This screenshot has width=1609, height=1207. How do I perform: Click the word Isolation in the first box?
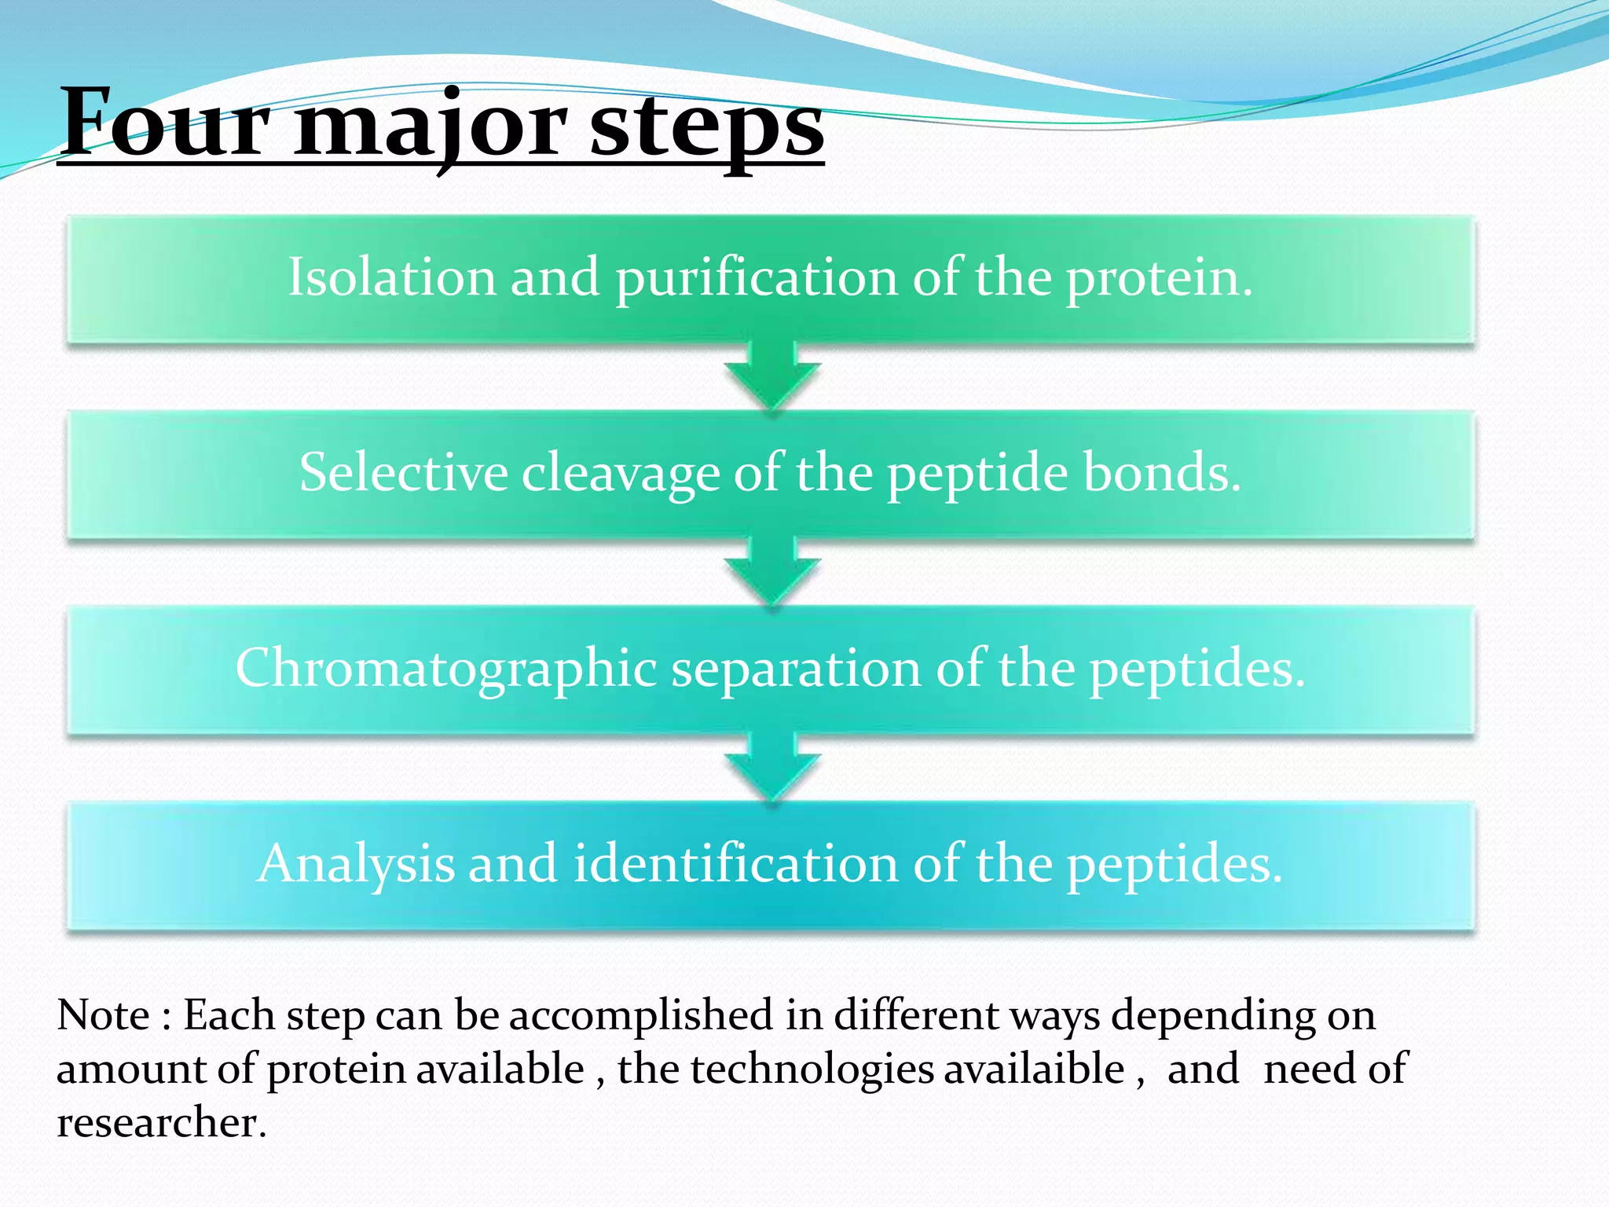(391, 277)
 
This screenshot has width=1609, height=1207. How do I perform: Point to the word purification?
(756, 278)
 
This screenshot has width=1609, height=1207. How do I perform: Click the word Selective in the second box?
(403, 472)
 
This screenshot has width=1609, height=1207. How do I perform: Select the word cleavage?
(620, 474)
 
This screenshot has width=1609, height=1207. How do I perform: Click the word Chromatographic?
(445, 669)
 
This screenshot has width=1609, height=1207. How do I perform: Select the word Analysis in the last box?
(355, 864)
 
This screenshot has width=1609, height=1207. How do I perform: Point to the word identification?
(735, 864)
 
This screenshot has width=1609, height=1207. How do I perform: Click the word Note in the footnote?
(103, 1014)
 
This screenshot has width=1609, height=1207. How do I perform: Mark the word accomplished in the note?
(640, 1015)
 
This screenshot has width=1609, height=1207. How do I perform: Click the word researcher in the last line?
(161, 1121)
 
